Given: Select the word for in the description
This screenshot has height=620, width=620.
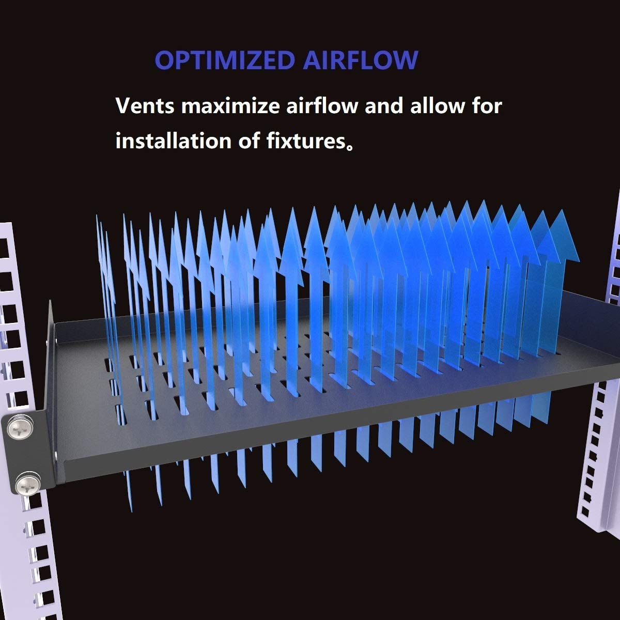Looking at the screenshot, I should point(485,106).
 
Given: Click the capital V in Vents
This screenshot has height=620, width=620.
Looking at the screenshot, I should point(124,106).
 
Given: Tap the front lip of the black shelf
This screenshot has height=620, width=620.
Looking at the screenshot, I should point(310,444).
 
